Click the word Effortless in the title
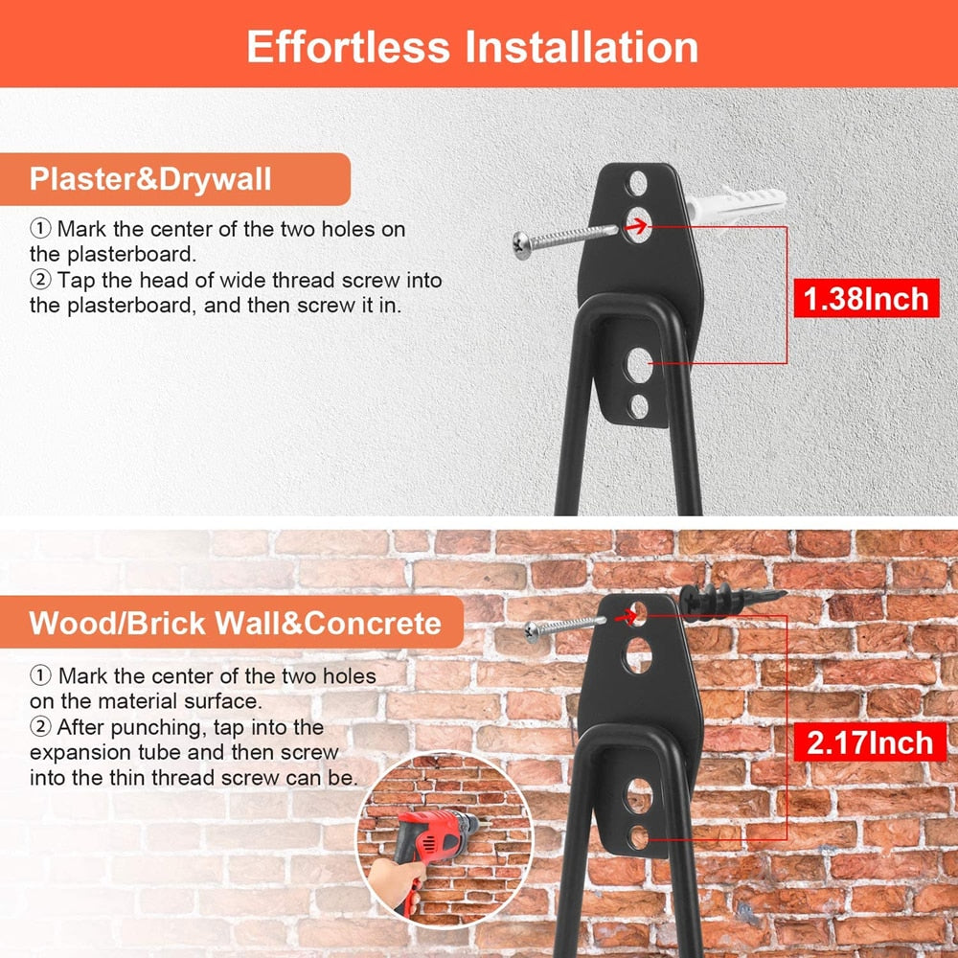pos(349,47)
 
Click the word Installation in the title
pos(582,47)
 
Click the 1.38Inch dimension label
pos(866,299)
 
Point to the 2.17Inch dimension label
pos(870,743)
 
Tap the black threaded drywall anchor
pos(732,601)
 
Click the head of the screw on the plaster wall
pos(521,245)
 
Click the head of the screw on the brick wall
pos(532,631)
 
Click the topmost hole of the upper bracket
pos(638,183)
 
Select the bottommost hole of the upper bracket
pos(640,407)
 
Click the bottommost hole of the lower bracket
pos(639,837)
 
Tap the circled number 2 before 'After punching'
pos(40,727)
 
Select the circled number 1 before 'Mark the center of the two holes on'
pos(40,229)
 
